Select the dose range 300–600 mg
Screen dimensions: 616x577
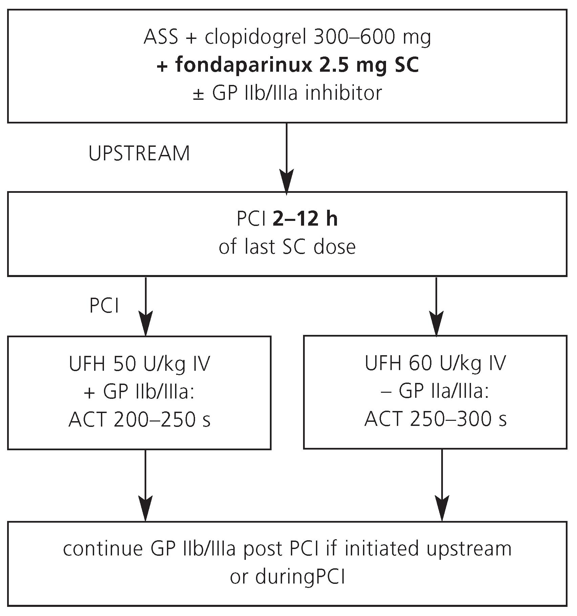point(372,38)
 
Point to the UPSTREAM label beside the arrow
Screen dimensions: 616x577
point(139,154)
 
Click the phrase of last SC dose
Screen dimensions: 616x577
point(287,247)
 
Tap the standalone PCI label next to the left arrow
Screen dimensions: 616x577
point(104,306)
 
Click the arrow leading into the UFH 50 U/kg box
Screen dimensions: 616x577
point(146,306)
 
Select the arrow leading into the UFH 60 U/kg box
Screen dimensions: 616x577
point(436,306)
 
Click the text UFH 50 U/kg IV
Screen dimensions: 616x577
point(139,365)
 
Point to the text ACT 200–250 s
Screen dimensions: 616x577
point(139,420)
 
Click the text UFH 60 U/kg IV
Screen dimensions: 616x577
point(435,364)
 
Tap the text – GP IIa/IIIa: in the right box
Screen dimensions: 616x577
point(435,392)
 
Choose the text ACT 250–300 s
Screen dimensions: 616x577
point(435,420)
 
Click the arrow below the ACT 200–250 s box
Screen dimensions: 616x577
point(146,485)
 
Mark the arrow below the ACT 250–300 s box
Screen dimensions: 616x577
point(442,485)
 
